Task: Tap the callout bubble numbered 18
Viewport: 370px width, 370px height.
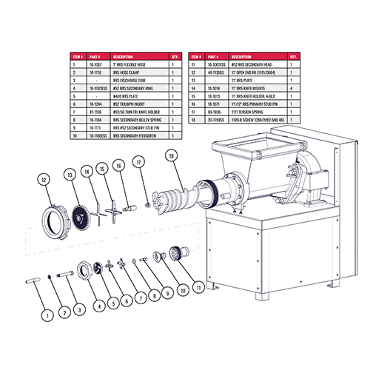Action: (172, 157)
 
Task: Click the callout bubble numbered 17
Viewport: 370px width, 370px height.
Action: (138, 161)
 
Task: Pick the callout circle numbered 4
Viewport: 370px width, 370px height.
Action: (98, 303)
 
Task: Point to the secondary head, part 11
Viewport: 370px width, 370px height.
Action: (176, 253)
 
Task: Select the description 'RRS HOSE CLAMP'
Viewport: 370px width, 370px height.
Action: (130, 73)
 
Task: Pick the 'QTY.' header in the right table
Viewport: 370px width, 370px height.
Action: (294, 56)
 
